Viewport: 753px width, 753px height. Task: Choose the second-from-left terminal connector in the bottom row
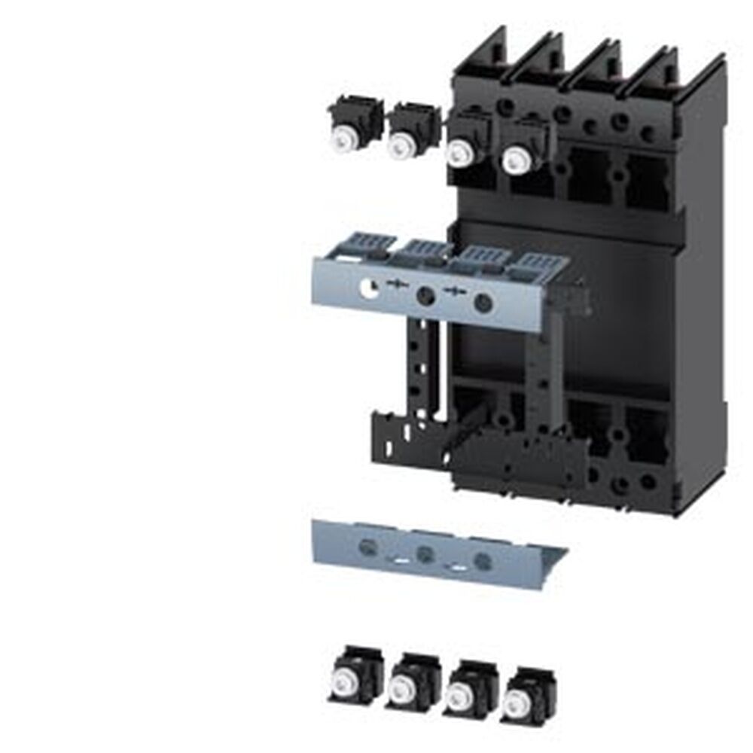407,681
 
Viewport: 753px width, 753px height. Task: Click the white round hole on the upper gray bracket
368,287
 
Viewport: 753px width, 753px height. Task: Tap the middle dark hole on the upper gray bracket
425,296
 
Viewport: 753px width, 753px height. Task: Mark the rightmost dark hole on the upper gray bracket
483,303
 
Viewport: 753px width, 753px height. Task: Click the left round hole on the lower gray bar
368,547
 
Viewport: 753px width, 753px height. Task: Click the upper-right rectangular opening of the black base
648,181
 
